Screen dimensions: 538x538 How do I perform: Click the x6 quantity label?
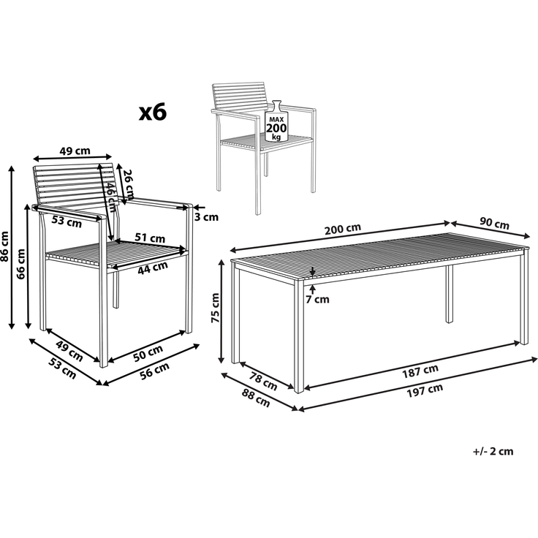click(154, 112)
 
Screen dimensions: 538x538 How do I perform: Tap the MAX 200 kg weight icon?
click(276, 124)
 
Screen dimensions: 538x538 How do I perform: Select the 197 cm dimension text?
click(425, 389)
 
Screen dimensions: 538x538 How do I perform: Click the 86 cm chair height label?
click(5, 246)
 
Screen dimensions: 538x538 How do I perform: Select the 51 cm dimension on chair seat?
click(151, 238)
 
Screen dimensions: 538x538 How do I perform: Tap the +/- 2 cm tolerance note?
click(493, 451)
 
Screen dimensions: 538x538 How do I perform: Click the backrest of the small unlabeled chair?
click(238, 96)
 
